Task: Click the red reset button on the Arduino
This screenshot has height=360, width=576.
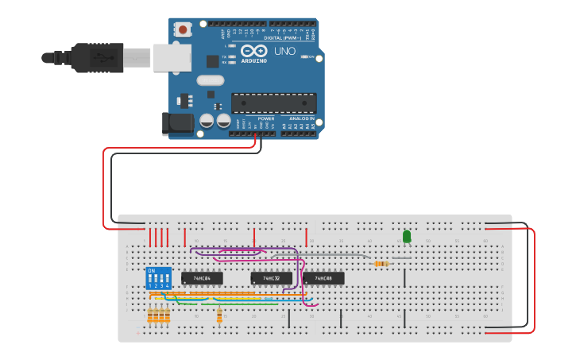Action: [184, 30]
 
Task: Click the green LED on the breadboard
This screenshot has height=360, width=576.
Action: [407, 237]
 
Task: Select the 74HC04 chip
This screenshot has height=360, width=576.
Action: [202, 278]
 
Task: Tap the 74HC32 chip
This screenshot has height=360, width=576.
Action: [271, 278]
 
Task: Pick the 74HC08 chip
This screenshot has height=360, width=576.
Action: [323, 278]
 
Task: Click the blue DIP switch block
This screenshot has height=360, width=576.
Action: [158, 278]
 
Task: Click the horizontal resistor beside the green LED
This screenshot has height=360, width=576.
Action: [381, 264]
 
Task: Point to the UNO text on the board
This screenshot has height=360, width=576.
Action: [284, 52]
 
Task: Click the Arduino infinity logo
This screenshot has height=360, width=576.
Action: [254, 51]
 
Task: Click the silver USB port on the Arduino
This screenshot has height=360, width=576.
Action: [172, 57]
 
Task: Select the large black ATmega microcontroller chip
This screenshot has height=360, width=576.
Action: [273, 103]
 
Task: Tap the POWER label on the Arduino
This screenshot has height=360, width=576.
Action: [265, 118]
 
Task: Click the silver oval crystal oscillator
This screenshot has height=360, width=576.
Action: [211, 80]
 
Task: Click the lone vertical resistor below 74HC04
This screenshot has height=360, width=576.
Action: [219, 316]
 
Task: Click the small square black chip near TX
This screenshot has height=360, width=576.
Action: [212, 61]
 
